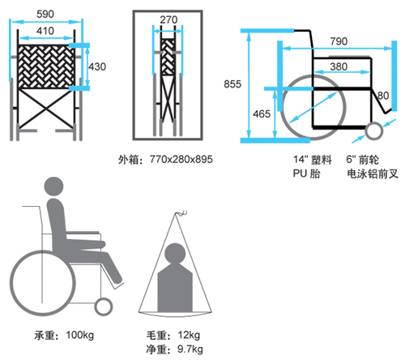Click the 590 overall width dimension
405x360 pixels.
point(45,14)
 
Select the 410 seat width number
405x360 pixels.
point(45,31)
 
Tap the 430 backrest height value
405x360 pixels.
point(97,66)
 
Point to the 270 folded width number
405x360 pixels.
point(168,19)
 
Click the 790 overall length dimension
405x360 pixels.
point(339,41)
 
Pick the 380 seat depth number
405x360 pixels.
point(339,66)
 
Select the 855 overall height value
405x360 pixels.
point(232,84)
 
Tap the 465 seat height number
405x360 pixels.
point(262,114)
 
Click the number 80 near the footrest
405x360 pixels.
point(383,96)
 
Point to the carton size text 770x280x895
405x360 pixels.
point(181,159)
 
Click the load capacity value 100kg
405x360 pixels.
point(80,335)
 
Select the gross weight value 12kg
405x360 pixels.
point(189,335)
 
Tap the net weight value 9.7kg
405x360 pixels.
point(190,349)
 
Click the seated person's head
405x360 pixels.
point(53,186)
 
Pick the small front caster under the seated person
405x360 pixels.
point(104,306)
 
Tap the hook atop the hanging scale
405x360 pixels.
point(181,213)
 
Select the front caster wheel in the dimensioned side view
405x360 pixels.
point(374,131)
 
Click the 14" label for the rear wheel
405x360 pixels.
point(301,159)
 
